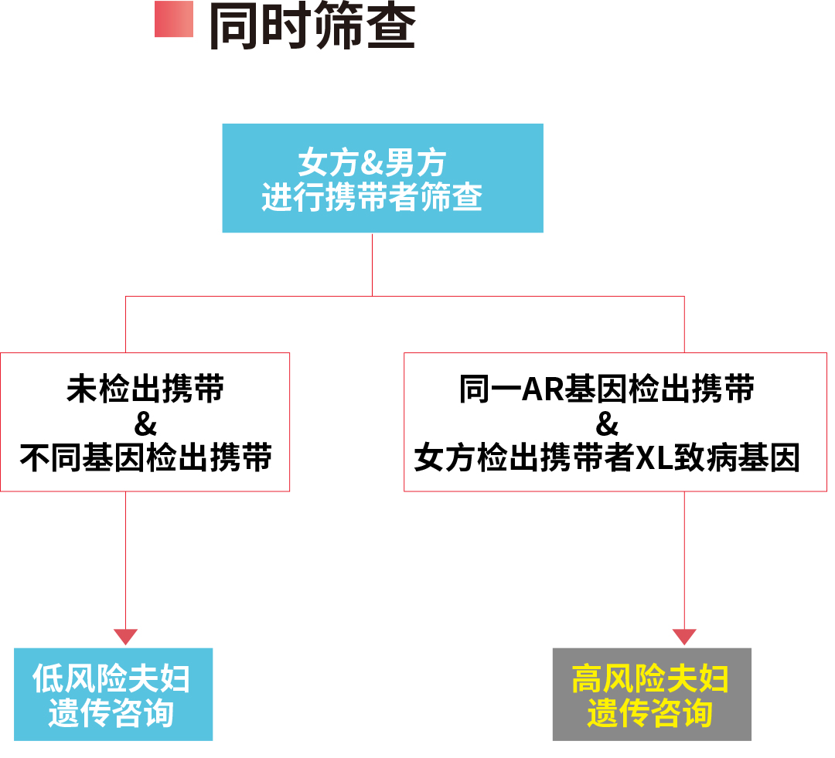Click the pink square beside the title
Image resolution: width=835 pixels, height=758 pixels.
pos(173,19)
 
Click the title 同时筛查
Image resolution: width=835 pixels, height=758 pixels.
pos(312,26)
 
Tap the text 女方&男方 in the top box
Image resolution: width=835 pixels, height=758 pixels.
pos(373,164)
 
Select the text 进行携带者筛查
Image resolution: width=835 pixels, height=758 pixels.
pos(372,198)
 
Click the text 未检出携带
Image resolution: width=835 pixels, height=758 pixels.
pos(145,389)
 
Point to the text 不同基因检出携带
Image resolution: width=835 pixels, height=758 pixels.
pos(145,457)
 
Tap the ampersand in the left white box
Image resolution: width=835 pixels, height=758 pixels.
pos(145,424)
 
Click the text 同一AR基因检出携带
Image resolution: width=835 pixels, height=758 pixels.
pos(606,389)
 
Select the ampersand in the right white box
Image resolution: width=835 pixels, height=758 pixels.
pos(608,424)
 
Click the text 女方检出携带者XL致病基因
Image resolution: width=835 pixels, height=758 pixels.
pos(607,458)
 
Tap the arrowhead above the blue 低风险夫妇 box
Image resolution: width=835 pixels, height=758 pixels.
pos(125,637)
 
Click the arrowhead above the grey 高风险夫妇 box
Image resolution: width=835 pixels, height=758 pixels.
pos(684,637)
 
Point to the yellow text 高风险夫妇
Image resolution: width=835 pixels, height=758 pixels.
pos(650,678)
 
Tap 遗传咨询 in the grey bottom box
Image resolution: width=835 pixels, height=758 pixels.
pos(650,712)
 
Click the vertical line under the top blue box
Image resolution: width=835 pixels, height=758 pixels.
pos(372,264)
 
